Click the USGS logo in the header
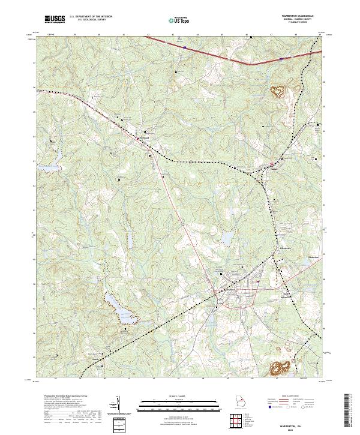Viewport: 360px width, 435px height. click(x=55, y=19)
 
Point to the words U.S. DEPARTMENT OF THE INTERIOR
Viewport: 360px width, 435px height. click(x=91, y=16)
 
